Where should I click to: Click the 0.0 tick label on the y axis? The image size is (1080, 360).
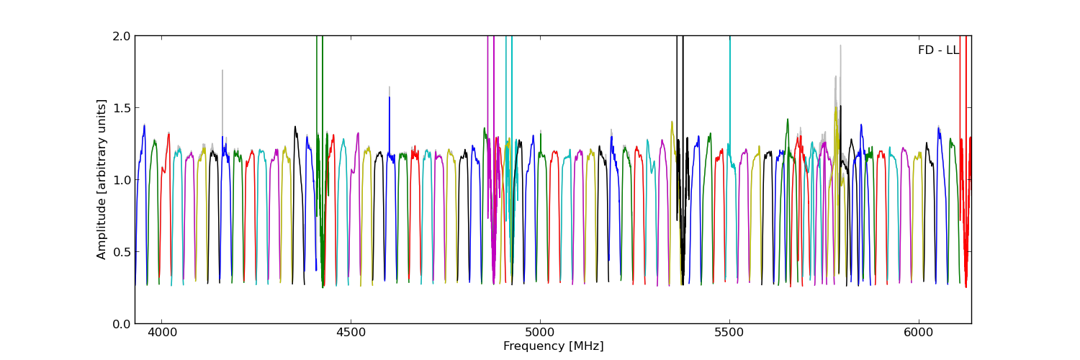[x=122, y=324]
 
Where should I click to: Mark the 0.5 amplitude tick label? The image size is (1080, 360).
[x=122, y=252]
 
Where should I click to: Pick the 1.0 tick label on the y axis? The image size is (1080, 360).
[x=122, y=180]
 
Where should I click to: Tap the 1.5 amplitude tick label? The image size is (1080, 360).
[x=122, y=108]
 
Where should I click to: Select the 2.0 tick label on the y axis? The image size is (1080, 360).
[x=122, y=36]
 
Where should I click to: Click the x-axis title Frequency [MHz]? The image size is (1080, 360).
[x=553, y=346]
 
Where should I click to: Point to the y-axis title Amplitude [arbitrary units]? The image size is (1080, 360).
[x=102, y=179]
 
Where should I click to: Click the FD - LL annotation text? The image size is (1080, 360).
[x=938, y=50]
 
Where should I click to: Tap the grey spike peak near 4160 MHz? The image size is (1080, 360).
[x=222, y=71]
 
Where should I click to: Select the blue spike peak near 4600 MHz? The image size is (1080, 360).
[x=390, y=97]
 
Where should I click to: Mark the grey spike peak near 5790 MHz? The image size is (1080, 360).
[x=840, y=46]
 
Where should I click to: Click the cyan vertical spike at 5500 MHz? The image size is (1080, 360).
[x=730, y=86]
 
